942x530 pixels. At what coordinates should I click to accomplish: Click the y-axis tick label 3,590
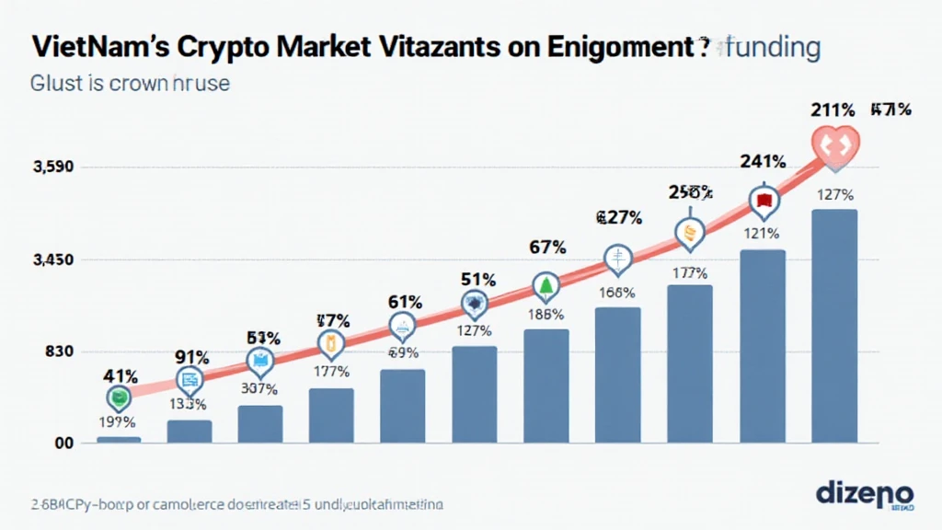click(x=53, y=167)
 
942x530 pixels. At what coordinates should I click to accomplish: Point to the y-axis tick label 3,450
click(x=53, y=260)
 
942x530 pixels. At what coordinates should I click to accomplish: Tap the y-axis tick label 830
click(x=54, y=352)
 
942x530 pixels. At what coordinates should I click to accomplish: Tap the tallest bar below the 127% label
click(x=834, y=327)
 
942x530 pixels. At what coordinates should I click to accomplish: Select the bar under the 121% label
click(x=763, y=346)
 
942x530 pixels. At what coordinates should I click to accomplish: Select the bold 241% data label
click(x=764, y=162)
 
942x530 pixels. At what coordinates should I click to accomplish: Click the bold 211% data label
click(x=833, y=109)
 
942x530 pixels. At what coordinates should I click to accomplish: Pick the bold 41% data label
click(x=120, y=375)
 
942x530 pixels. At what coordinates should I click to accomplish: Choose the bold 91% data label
click(x=191, y=356)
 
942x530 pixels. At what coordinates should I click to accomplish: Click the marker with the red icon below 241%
click(x=763, y=200)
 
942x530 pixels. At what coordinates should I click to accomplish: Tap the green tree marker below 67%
click(x=546, y=286)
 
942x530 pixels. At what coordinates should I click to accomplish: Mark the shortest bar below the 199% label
click(x=119, y=440)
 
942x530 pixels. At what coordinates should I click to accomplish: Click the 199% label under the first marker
click(x=118, y=422)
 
